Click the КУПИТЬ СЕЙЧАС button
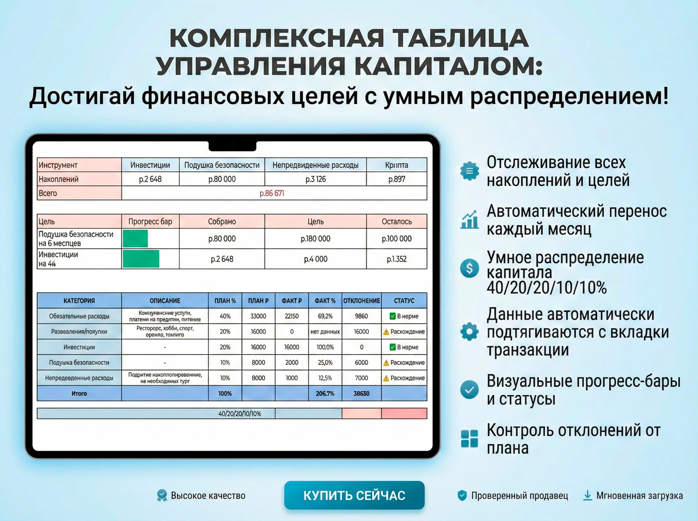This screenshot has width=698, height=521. [354, 495]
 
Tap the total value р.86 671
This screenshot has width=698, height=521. [272, 193]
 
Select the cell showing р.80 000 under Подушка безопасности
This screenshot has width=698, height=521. [222, 179]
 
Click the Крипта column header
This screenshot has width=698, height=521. [396, 165]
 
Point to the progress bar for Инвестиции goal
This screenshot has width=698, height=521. [141, 259]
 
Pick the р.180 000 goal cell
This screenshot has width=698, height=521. [316, 239]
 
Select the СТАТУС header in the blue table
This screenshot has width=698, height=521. [404, 301]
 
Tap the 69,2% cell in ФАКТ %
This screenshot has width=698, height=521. [325, 316]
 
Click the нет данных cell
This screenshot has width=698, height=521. [325, 331]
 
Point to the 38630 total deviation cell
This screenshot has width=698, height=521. [361, 393]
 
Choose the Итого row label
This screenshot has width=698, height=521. [79, 393]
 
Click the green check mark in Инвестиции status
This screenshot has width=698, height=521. [392, 347]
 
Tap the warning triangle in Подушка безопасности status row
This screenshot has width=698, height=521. [386, 363]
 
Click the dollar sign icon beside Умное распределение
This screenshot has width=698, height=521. [469, 268]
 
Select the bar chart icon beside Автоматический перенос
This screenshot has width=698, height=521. [469, 220]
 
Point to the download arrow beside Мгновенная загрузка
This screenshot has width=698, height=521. [587, 495]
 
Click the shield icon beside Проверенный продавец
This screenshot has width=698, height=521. [462, 495]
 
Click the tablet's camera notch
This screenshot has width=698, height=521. [232, 145]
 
